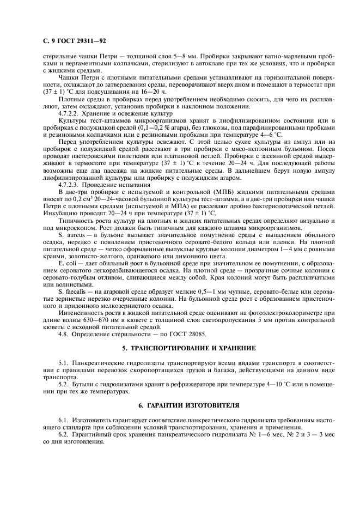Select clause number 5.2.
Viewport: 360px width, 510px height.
63,384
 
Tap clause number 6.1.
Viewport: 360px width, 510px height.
63,421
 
